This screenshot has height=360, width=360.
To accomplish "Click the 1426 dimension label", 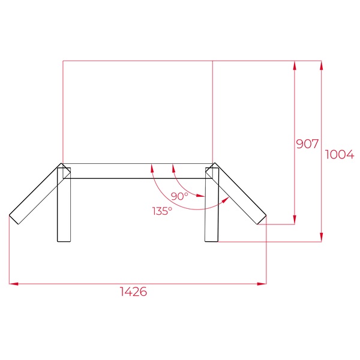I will tap(133, 292).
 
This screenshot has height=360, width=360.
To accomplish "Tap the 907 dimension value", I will tap(307, 144).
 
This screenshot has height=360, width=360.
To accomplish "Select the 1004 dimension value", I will tap(339, 154).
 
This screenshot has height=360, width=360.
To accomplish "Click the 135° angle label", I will tap(162, 211).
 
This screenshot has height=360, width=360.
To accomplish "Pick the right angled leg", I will tap(240, 195).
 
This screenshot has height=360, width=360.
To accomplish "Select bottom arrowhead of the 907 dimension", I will tap(294, 220).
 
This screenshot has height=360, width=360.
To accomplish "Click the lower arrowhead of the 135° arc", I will tap(226, 199).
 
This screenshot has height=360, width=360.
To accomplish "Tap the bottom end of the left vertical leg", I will tap(64, 241).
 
